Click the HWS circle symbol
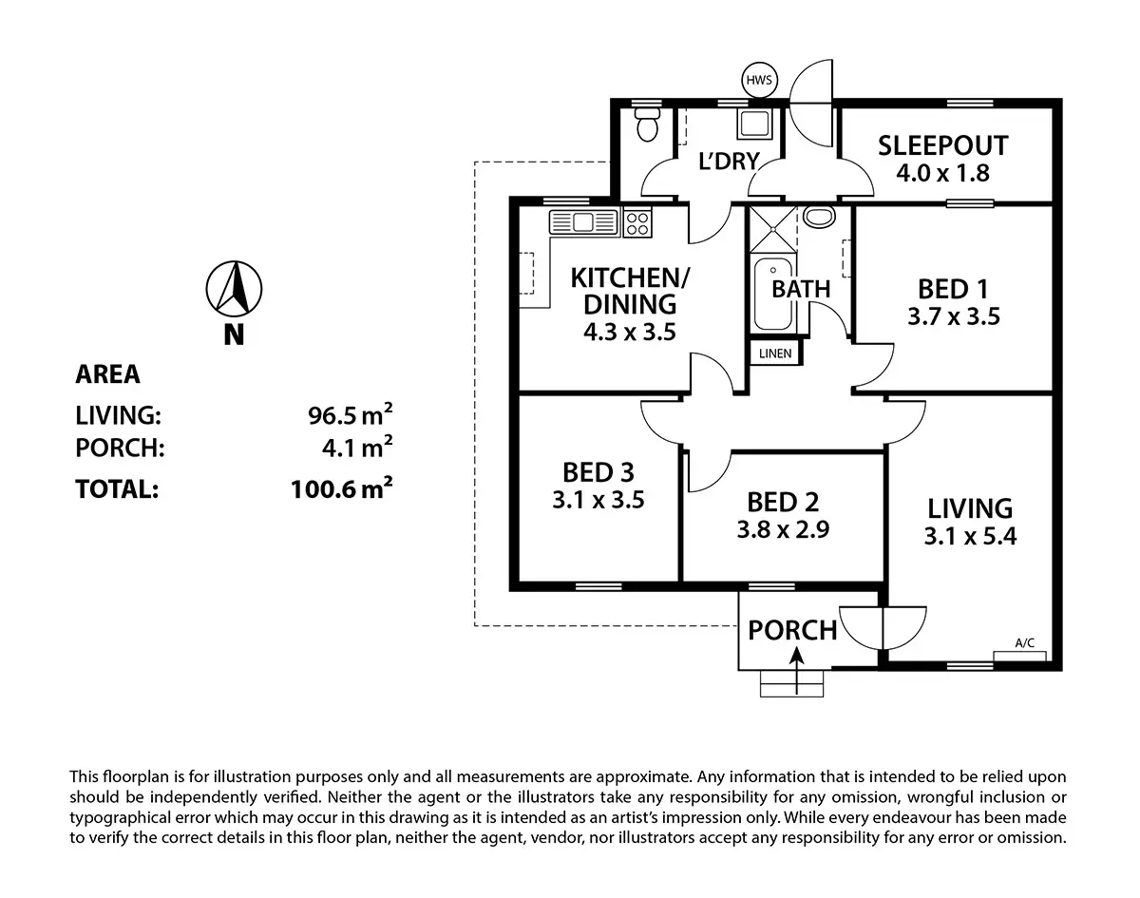pos(759,81)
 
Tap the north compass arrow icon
pos(234,288)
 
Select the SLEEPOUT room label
pos(942,146)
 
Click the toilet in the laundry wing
pos(647,125)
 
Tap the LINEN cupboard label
pos(775,353)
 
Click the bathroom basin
pos(818,218)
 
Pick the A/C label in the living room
pos(1024,643)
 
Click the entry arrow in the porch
pos(793,657)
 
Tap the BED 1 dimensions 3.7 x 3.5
pos(953,316)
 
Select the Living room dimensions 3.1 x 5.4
pos(970,536)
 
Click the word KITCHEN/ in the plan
pos(632,278)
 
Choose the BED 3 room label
pos(598,471)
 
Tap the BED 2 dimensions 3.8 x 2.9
pos(783,529)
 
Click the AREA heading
pos(107,374)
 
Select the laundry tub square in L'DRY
pos(757,125)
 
